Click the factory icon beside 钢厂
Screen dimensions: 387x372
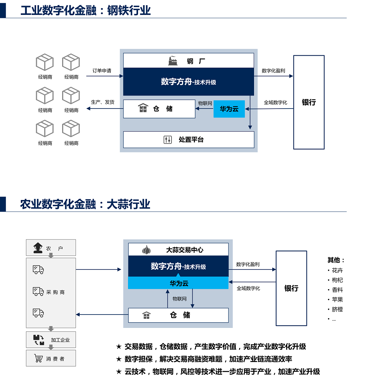pos(172,61)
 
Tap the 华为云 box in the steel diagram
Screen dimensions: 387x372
pos(229,109)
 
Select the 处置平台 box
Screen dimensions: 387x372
pos(189,140)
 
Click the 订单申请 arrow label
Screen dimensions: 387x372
pos(102,71)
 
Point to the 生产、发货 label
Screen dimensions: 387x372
pos(103,102)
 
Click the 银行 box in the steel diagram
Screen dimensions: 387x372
pos(309,102)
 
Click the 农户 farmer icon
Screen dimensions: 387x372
pos(38,248)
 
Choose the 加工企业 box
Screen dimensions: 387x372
pos(51,340)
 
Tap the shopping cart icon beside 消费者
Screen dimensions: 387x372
pos(38,358)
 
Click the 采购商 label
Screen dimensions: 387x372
pos(55,292)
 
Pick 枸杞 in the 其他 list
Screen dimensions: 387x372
pos(337,280)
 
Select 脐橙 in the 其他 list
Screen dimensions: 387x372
pos(337,309)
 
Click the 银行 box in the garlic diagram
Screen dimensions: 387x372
pos(291,288)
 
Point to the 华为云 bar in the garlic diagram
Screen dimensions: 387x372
pos(178,283)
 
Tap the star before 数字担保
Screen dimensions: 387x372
pos(119,359)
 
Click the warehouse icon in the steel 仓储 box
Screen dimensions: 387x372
pos(143,109)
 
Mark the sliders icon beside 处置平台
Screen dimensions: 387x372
pos(168,140)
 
